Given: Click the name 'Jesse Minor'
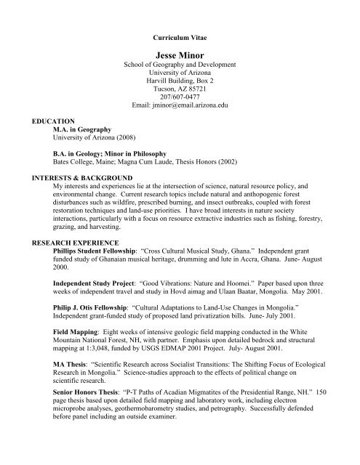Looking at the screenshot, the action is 180,53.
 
